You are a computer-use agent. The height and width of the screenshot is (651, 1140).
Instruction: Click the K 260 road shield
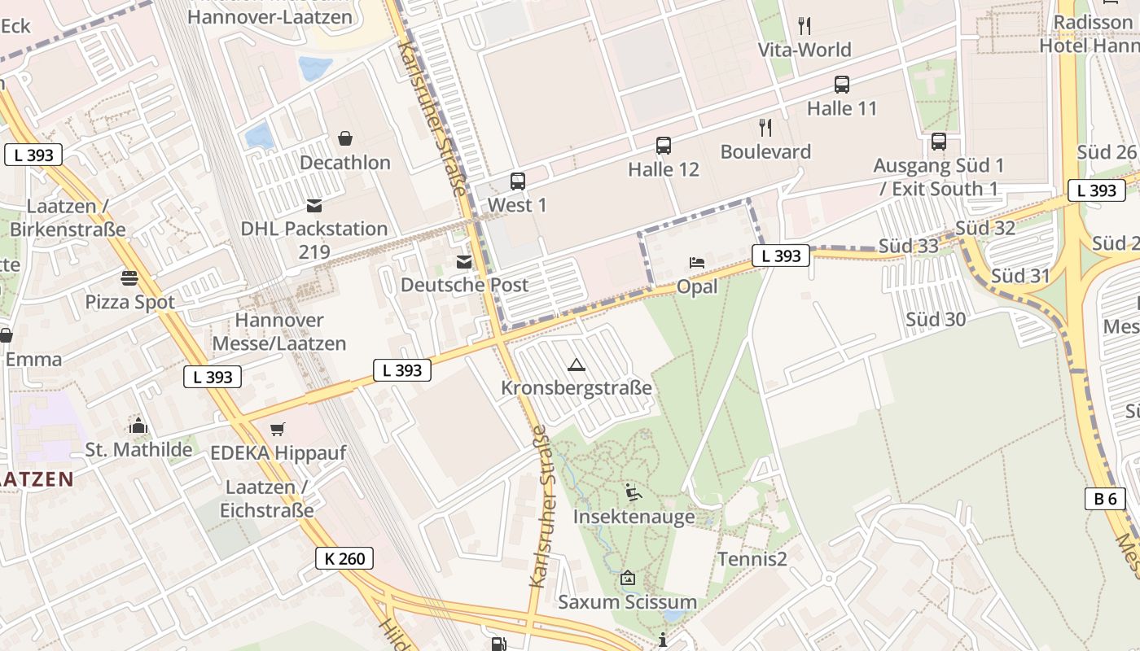coord(345,558)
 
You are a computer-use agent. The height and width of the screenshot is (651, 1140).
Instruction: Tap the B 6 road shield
coord(1105,499)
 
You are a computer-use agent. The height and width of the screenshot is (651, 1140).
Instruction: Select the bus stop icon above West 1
coord(518,181)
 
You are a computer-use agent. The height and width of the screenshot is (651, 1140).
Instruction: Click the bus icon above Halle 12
coord(664,146)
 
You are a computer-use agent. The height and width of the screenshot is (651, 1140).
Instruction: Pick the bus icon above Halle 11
coord(842,85)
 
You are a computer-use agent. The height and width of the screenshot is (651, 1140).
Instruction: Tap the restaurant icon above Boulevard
coord(765,128)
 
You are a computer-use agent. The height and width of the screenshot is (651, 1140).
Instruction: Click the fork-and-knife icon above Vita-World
coord(805,26)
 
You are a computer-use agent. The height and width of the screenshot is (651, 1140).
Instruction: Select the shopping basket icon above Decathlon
coord(345,138)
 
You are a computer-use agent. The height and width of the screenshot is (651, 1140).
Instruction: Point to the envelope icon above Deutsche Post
coord(464,262)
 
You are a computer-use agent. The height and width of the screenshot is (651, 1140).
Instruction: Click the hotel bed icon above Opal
coord(697,263)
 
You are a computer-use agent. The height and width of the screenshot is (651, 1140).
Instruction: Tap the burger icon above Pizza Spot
coord(129,278)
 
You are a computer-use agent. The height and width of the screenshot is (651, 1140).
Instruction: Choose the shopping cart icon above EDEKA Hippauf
coord(278,429)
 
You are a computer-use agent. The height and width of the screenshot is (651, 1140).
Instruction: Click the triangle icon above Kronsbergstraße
coord(577,365)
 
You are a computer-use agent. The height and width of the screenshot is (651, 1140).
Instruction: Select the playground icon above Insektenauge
coord(633,492)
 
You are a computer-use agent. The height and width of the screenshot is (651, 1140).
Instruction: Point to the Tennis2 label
coord(752,559)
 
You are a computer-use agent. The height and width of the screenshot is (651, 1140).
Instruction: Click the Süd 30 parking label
coord(936,320)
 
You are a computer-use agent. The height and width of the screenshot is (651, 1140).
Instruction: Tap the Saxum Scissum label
coord(627,602)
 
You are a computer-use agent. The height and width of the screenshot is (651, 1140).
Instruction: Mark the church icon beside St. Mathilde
coord(138,426)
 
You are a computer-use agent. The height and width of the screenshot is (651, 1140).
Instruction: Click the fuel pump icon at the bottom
coord(498,644)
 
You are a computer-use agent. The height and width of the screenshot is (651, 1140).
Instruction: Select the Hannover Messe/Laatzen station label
coord(279,332)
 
